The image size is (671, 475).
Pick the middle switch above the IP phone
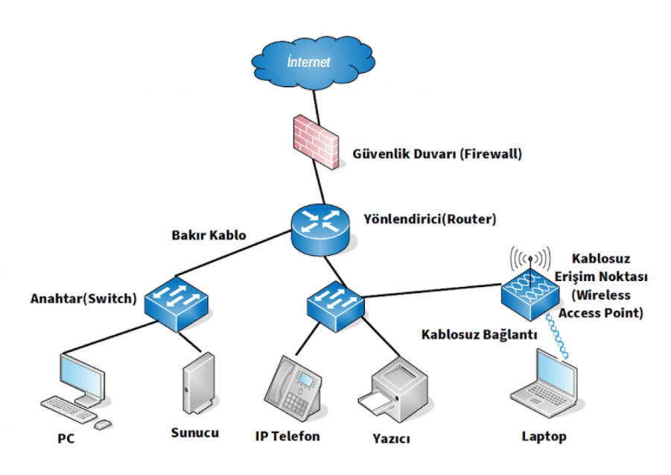tap(335, 303)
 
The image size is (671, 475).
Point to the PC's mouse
tap(102, 424)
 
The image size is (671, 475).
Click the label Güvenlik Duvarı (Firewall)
tap(437, 155)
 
